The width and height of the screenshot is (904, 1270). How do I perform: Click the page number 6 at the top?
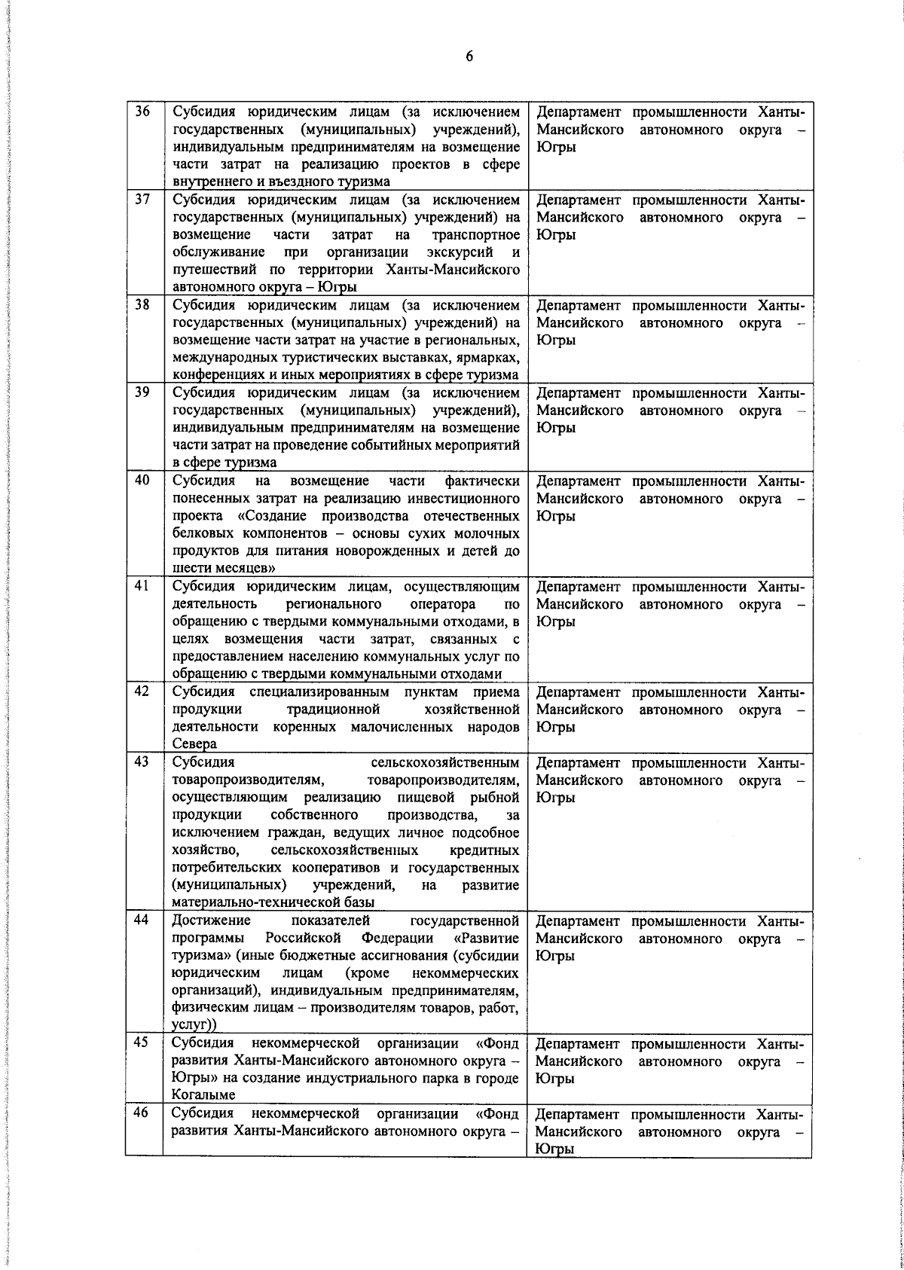(x=469, y=57)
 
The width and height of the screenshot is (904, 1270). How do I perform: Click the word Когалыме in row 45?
(x=203, y=1095)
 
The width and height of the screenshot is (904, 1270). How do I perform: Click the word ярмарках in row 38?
(x=487, y=358)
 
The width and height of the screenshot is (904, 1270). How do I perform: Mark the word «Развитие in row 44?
(x=487, y=938)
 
